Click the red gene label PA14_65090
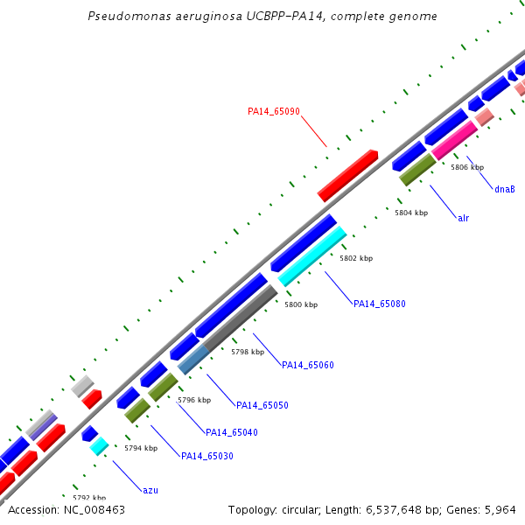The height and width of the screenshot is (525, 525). [x=274, y=111]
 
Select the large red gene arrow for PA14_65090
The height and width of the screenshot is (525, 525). [x=347, y=175]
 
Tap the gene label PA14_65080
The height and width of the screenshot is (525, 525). [x=379, y=304]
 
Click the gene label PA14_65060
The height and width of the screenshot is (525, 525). [x=308, y=366]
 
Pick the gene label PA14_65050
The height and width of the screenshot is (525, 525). [x=262, y=406]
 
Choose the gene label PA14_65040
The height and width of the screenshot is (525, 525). [x=231, y=432]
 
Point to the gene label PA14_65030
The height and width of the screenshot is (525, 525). [x=206, y=456]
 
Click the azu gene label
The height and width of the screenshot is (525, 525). [x=150, y=490]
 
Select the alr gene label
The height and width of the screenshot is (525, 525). [x=463, y=218]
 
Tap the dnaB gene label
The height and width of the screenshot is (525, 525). [x=504, y=189]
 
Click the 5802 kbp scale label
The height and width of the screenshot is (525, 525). [x=356, y=259]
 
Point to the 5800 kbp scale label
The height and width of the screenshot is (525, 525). [x=301, y=304]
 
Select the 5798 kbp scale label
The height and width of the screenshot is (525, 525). [x=247, y=352]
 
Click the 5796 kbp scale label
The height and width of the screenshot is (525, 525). [x=194, y=400]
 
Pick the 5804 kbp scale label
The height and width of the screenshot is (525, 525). [x=411, y=213]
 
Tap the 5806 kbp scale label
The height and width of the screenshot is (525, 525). [x=467, y=167]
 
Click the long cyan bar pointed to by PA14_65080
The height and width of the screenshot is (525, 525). [x=312, y=257]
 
